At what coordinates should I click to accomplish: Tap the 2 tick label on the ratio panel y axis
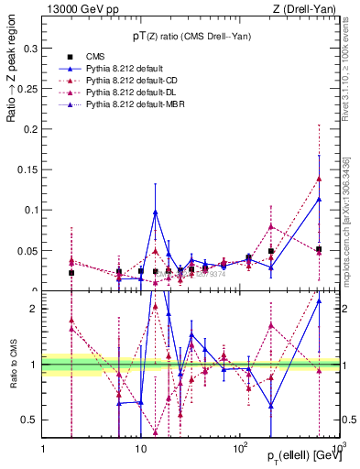[36, 309]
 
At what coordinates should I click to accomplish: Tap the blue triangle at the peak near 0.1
[156, 212]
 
